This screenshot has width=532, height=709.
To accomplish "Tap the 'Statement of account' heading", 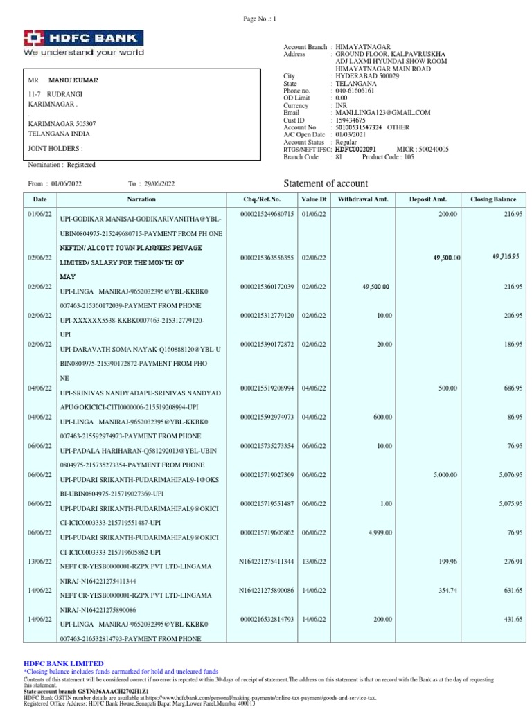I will point(326,183).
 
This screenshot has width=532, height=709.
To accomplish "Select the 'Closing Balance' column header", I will point(493,199).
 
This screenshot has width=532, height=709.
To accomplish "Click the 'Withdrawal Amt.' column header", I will point(363,199).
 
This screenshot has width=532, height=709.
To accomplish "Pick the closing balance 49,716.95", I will point(506,257).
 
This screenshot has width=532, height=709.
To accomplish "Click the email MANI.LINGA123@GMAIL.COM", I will point(382,112).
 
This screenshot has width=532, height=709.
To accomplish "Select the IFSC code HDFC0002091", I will point(355,149).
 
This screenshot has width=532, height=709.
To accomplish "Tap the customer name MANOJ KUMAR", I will point(73,80).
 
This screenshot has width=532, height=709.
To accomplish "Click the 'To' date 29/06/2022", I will point(160,183).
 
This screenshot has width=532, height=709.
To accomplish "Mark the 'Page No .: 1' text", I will point(259,19).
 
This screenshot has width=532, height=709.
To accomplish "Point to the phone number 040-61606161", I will point(355,91).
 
